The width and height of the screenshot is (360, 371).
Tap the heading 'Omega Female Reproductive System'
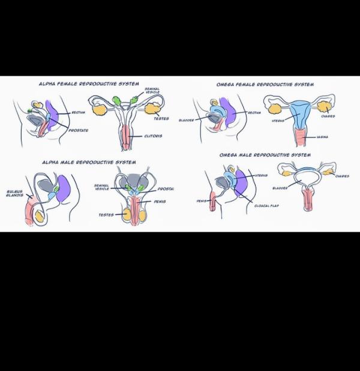[265, 85]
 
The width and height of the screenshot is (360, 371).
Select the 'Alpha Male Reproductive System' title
[88, 162]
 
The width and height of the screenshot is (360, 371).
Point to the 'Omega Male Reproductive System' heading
[265, 155]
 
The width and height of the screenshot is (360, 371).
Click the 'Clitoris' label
[153, 136]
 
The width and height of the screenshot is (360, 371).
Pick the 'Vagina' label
[323, 137]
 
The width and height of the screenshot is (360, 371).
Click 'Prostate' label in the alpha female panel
[79, 130]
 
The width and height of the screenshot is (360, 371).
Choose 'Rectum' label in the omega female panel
[254, 112]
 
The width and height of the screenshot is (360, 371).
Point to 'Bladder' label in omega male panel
[280, 188]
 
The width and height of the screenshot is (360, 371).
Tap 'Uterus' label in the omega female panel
[278, 121]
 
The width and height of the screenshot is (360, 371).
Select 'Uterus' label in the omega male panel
[261, 175]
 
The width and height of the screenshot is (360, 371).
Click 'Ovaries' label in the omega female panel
[328, 116]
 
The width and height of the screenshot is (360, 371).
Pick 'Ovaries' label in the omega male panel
[342, 176]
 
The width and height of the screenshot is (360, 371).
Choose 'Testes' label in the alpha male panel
[106, 214]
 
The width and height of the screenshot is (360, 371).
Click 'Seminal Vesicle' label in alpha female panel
[152, 91]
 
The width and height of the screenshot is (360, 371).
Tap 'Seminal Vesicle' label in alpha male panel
[101, 187]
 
